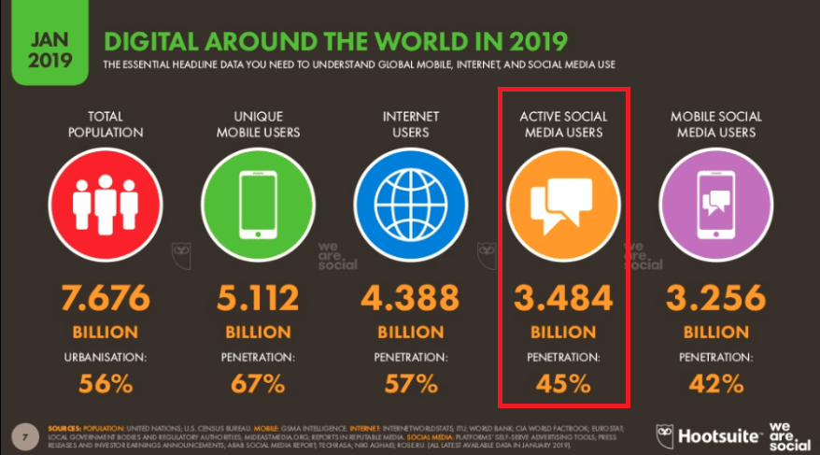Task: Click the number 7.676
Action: [106, 298]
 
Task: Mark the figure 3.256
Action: [715, 298]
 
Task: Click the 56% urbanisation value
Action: [106, 383]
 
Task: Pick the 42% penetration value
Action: [715, 383]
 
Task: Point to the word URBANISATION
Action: [106, 357]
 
